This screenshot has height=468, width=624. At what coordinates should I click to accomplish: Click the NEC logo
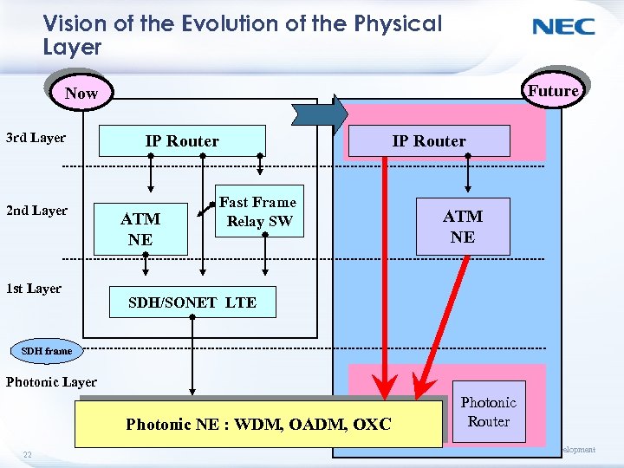[563, 26]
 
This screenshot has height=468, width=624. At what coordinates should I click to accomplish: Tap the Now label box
[81, 93]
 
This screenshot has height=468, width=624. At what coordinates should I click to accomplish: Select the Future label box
[553, 90]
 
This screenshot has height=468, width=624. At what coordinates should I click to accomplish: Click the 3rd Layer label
[36, 138]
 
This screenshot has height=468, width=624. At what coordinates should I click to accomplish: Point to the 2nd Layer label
[36, 211]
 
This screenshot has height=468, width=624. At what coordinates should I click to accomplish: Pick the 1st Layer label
[34, 289]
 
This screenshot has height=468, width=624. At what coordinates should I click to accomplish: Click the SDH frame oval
[47, 351]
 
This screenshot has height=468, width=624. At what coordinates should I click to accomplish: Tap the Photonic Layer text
[51, 381]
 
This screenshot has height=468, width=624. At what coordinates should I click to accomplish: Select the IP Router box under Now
[182, 141]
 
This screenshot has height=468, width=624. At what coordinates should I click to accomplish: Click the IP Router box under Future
[429, 141]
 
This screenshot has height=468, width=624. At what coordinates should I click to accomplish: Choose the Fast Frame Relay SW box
[257, 211]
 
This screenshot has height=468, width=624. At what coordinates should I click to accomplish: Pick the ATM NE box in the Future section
[463, 227]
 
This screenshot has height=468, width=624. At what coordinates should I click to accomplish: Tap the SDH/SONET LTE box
[192, 302]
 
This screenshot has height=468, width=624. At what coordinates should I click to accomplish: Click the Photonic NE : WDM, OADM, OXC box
[258, 424]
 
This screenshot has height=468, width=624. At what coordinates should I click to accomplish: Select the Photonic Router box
[489, 412]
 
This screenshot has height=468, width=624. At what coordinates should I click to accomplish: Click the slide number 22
[28, 455]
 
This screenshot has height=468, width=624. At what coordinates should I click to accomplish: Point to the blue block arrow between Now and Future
[320, 114]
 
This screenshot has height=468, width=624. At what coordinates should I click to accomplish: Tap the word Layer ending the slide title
[72, 47]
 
